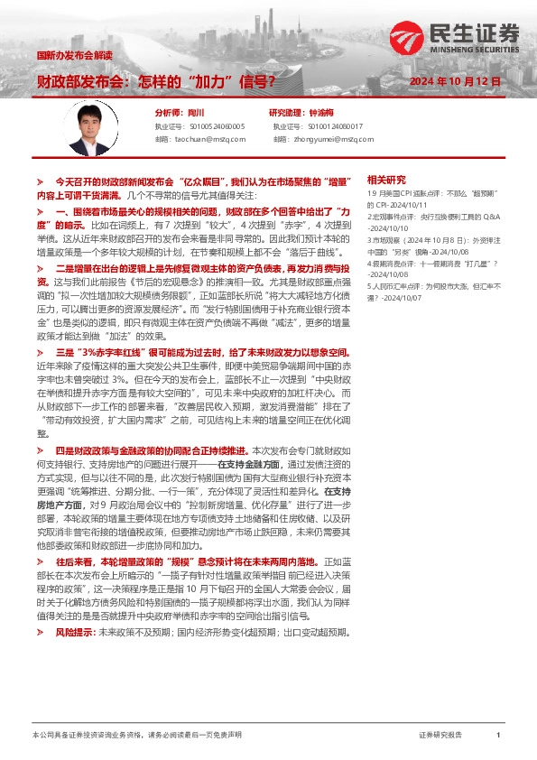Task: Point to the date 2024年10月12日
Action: [455, 81]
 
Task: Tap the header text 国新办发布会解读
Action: [73, 55]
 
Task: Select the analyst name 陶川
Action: [195, 113]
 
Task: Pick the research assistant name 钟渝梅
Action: [322, 113]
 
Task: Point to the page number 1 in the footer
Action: [498, 736]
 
